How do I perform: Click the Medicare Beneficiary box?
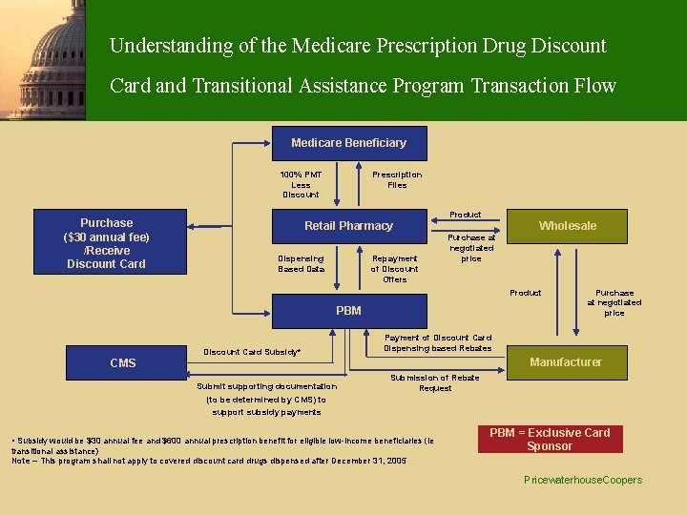pyautogui.click(x=348, y=143)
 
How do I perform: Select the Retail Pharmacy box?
pyautogui.click(x=348, y=226)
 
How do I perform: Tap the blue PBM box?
pyautogui.click(x=348, y=311)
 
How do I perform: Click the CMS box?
pyautogui.click(x=123, y=363)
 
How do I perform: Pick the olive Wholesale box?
pyautogui.click(x=567, y=226)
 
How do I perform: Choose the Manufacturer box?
pyautogui.click(x=566, y=362)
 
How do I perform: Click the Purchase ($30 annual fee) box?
pyautogui.click(x=106, y=243)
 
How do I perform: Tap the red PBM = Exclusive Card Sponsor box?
pyautogui.click(x=550, y=440)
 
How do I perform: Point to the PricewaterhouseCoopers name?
pyautogui.click(x=583, y=481)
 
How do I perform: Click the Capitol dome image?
pyautogui.click(x=43, y=59)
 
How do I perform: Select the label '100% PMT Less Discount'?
pyautogui.click(x=301, y=185)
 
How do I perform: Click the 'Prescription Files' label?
pyautogui.click(x=397, y=180)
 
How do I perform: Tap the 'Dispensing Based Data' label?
pyautogui.click(x=301, y=263)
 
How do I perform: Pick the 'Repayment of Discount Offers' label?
pyautogui.click(x=395, y=269)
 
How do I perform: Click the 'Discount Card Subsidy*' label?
pyautogui.click(x=252, y=353)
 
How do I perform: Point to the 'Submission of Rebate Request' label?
pyautogui.click(x=435, y=383)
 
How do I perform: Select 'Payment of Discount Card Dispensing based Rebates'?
pyautogui.click(x=438, y=342)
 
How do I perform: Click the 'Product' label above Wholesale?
pyautogui.click(x=466, y=215)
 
